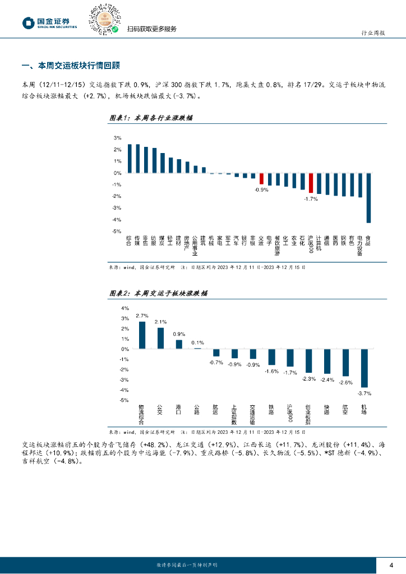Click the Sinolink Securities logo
point(50,22)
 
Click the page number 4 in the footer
point(391,564)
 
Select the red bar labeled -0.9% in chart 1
point(261,179)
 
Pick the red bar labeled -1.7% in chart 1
point(311,183)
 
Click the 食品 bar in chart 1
point(368,198)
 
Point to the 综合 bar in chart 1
point(130,159)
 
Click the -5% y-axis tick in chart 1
point(118,231)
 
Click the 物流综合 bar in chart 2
point(142,335)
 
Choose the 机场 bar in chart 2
point(364,368)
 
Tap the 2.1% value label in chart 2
point(160,322)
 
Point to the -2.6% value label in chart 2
point(345,382)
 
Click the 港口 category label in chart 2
point(179,410)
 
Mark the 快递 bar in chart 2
point(327,362)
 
